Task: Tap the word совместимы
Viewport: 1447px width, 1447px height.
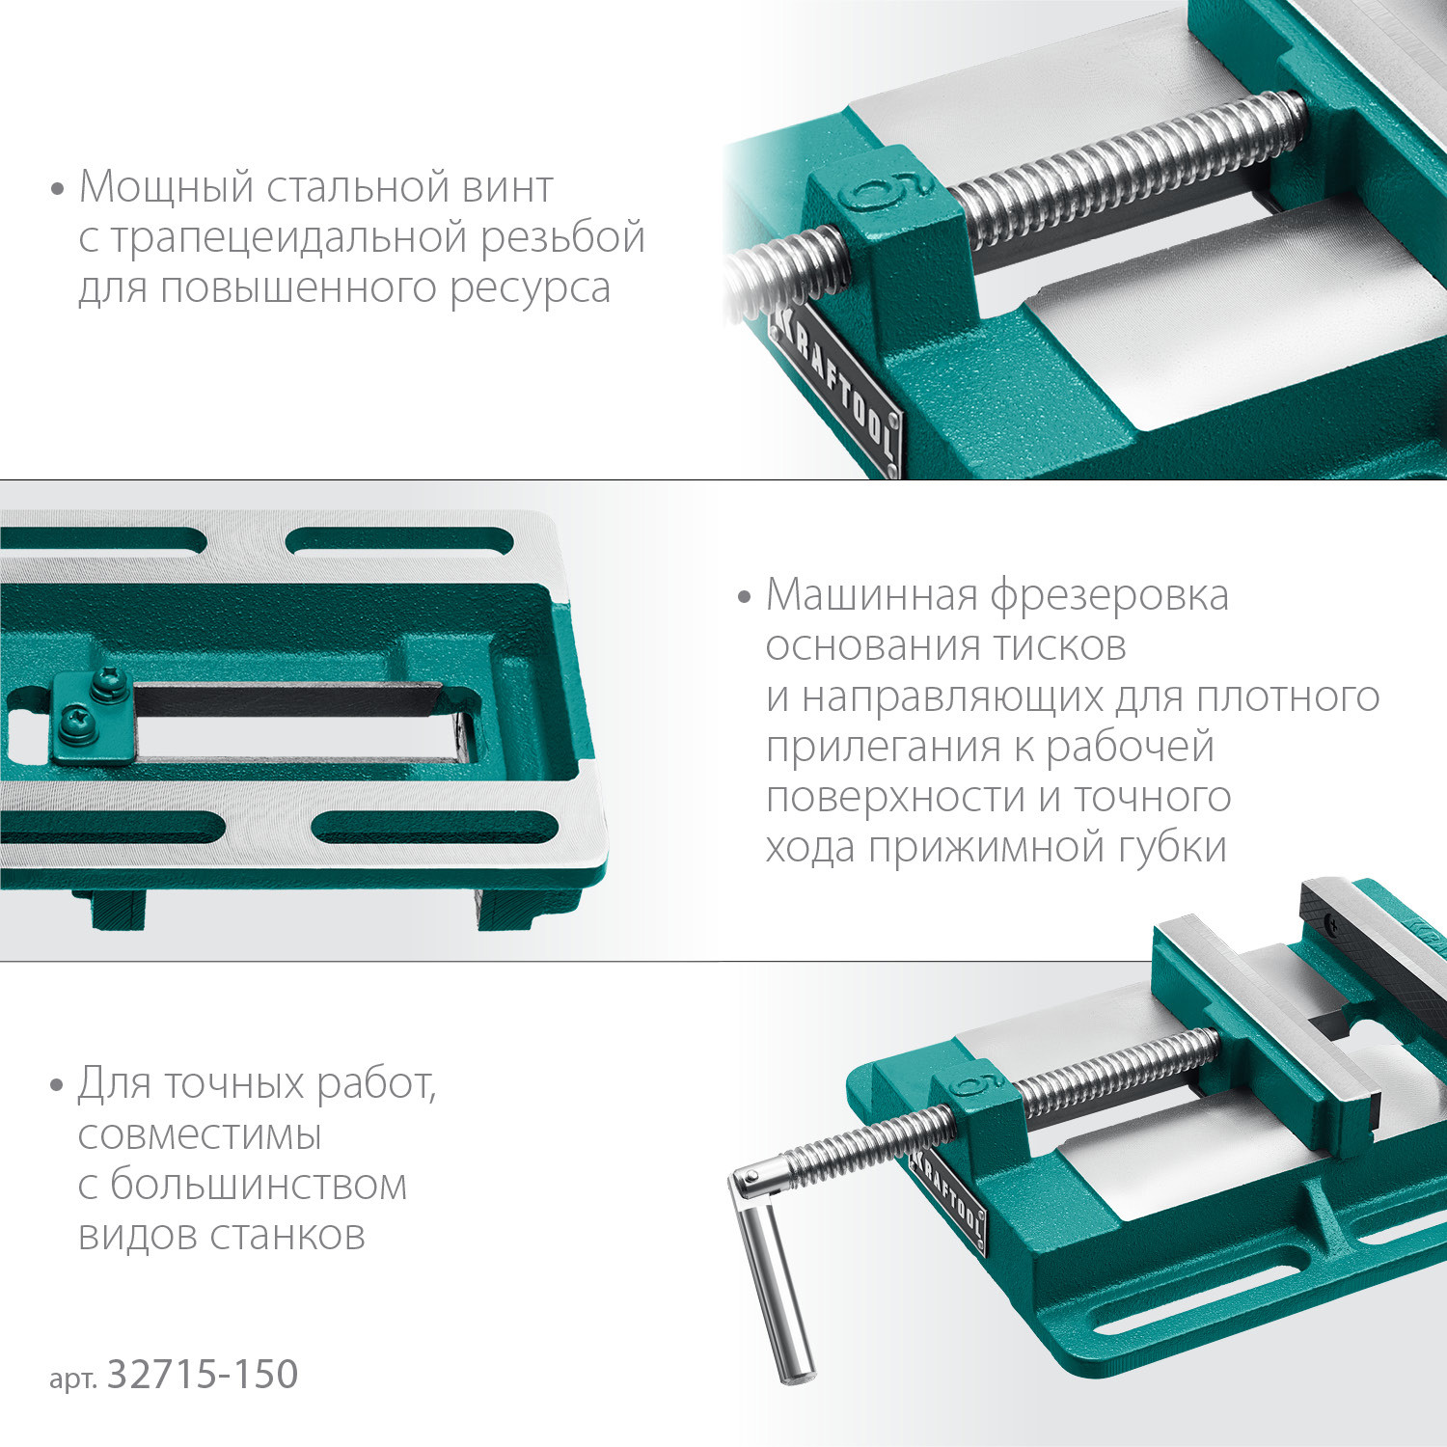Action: (199, 1135)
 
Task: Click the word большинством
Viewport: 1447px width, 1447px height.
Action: (258, 1186)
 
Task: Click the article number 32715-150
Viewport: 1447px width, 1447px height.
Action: (203, 1376)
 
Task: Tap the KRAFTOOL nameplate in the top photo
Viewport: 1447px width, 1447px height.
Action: (835, 392)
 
